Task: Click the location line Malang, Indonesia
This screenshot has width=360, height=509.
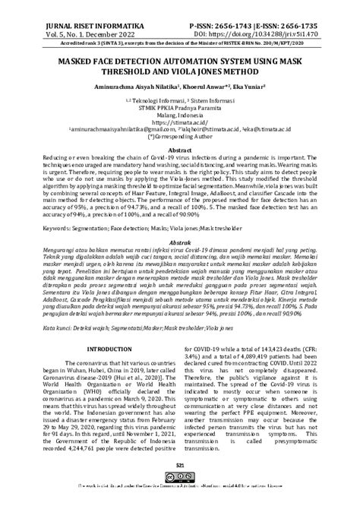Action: point(180,113)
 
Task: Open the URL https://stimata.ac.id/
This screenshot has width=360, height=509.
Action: point(180,121)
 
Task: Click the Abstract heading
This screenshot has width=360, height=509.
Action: point(180,150)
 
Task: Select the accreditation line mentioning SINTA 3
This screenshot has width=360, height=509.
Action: point(180,36)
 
